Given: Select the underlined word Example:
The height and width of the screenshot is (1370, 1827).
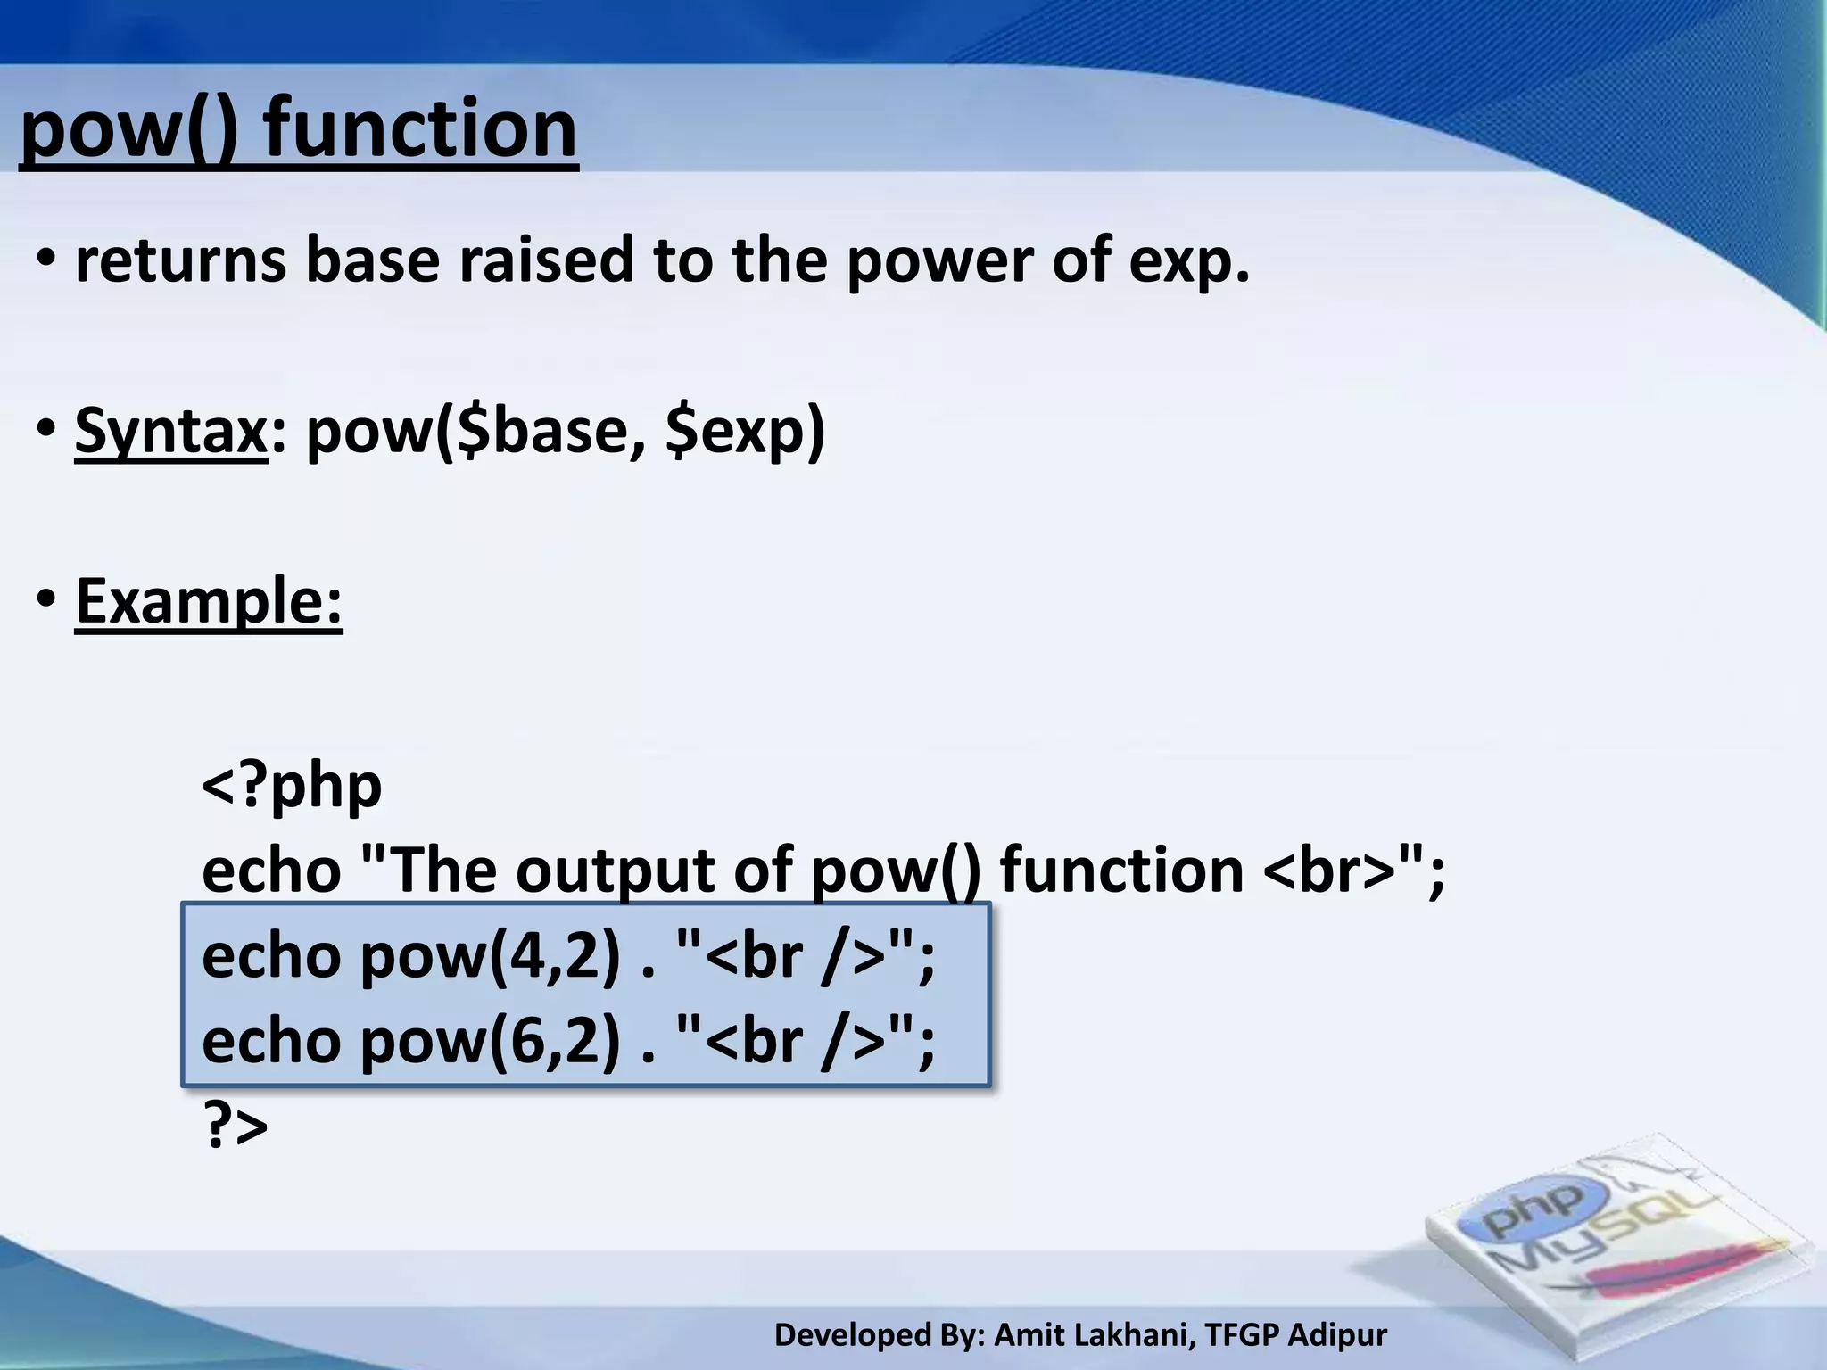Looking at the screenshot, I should [x=209, y=600].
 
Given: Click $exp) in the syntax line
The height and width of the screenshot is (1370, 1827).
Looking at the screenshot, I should [x=746, y=431].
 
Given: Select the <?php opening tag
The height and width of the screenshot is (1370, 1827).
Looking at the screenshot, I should [x=292, y=785].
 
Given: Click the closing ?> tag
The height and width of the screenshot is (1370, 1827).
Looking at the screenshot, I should [x=236, y=1126].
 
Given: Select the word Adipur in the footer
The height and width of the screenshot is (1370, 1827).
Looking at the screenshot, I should [x=1337, y=1335].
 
